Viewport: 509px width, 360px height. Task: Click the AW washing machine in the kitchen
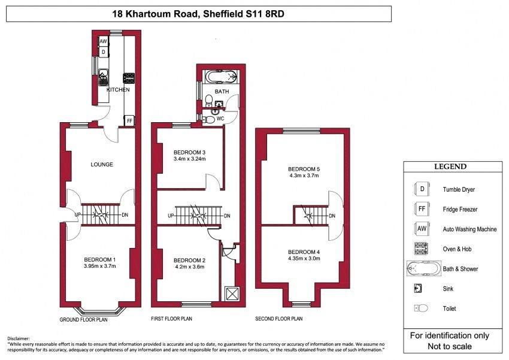coord(103,41)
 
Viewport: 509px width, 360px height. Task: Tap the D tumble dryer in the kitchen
coord(103,52)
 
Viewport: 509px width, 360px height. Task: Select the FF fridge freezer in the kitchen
coord(129,121)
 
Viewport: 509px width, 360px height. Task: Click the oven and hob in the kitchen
coord(129,78)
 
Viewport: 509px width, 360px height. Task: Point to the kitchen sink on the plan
coord(104,77)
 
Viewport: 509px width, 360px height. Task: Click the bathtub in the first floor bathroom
coord(222,77)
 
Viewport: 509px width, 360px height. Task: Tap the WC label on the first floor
coord(220,119)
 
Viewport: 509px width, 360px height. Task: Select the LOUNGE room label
coord(102,165)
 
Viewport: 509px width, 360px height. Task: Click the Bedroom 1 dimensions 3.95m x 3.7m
coord(99,266)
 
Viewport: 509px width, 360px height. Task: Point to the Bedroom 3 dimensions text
coord(190,159)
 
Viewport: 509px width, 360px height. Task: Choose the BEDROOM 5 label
coord(304,169)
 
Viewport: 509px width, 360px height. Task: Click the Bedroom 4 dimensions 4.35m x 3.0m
coord(304,259)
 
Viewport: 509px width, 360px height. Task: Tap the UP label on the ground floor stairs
coord(78,215)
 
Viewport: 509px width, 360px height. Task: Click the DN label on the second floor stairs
coord(332,216)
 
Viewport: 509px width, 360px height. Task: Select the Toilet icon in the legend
coord(421,308)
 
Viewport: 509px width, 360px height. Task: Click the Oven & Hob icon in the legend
coord(421,249)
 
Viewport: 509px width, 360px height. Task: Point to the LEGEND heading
coord(450,167)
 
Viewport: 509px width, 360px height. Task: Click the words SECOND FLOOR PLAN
coord(279,319)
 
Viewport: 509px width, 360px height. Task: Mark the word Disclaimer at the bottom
coord(18,338)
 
